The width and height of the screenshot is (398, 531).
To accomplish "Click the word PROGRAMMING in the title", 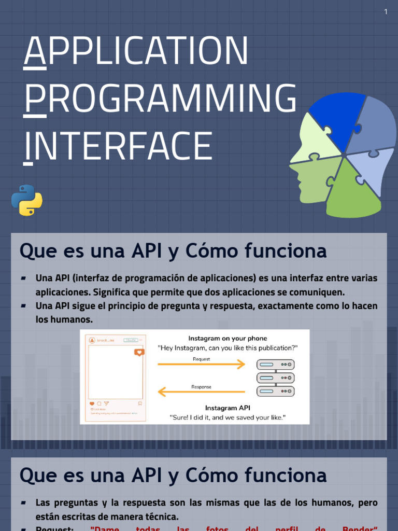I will [x=161, y=99].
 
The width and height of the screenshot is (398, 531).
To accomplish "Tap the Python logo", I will [x=27, y=200].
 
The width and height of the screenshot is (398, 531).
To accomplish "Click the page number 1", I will [x=386, y=11].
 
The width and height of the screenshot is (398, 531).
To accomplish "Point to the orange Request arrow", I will [x=201, y=365].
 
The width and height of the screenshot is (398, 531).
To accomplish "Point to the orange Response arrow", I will [x=201, y=393].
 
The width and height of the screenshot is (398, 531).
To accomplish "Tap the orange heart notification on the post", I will [x=139, y=352].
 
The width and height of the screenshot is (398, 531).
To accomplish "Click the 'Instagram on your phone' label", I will [x=228, y=339].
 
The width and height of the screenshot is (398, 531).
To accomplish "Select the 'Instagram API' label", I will [x=228, y=408].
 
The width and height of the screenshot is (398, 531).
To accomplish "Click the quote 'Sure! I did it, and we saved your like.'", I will [x=228, y=417].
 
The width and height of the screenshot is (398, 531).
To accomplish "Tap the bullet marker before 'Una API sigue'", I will [x=24, y=306].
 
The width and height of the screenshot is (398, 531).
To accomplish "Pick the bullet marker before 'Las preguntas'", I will [x=24, y=503].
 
